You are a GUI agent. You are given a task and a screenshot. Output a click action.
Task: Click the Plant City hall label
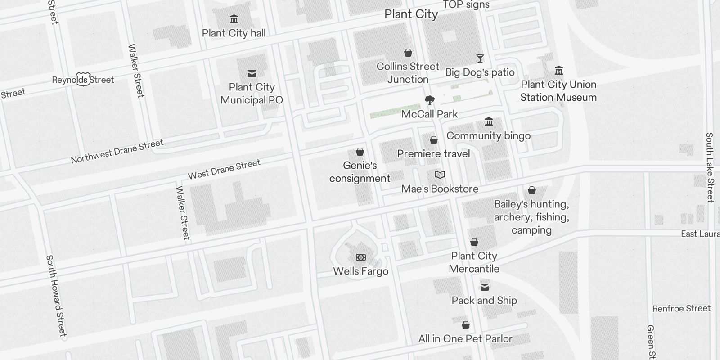tap(234, 33)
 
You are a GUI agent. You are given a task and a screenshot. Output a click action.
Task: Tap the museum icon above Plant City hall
tap(234, 19)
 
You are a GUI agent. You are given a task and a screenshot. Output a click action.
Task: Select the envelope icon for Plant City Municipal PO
tap(252, 74)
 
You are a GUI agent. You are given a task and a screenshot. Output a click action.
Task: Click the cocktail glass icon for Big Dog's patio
tap(480, 58)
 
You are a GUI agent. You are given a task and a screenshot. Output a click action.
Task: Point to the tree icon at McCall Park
tap(430, 100)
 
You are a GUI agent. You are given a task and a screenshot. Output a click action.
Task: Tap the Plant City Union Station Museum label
tap(558, 91)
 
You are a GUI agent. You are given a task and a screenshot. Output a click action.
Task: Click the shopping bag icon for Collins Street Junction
tap(408, 53)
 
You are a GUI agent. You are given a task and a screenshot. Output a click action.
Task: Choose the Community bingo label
tap(488, 135)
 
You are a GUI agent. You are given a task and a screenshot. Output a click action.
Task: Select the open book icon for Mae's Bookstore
tap(440, 175)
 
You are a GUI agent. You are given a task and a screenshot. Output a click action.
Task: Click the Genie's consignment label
tap(360, 172)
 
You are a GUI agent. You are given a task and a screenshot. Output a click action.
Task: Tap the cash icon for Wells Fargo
tap(361, 257)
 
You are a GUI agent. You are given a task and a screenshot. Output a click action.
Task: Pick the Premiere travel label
tap(433, 153)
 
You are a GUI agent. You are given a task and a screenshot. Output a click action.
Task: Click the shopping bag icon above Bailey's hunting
tap(532, 191)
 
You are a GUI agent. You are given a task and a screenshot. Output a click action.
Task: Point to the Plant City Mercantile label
tap(474, 262)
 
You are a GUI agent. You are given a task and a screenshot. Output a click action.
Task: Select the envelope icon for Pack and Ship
tap(485, 287)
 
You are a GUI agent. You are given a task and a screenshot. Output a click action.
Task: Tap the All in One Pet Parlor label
tap(465, 338)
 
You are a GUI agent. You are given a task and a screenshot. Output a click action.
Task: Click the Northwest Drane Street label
tap(117, 152)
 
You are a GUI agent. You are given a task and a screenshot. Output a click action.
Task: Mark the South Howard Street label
tap(56, 296)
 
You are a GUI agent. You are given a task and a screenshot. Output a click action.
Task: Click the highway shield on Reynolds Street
tap(83, 79)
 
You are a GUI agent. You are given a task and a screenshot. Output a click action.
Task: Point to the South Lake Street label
tap(710, 167)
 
